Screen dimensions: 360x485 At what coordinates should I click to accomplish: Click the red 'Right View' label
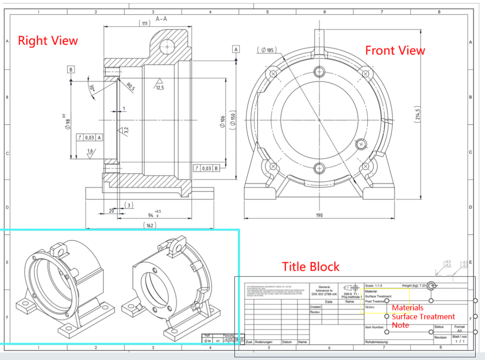click(x=48, y=40)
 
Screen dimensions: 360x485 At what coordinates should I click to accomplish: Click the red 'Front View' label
click(x=395, y=50)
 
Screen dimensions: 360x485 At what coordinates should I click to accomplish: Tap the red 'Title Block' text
click(x=311, y=267)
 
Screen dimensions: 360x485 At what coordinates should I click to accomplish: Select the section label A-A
click(x=162, y=19)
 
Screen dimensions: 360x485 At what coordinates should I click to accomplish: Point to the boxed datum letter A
click(x=236, y=49)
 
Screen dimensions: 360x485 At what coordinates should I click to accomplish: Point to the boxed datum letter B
click(x=71, y=69)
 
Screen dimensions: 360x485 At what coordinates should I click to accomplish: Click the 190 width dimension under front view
click(x=318, y=215)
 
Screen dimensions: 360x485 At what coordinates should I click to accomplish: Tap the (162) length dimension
click(x=150, y=225)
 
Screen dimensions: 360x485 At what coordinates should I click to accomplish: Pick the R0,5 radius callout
click(x=131, y=86)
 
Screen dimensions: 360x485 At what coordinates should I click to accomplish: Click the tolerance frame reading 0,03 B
click(x=207, y=168)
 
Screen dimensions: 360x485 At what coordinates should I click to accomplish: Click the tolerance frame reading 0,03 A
click(x=90, y=138)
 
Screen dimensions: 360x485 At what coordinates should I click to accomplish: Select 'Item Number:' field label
click(x=375, y=327)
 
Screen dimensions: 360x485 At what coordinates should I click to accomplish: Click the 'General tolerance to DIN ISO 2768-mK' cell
click(x=324, y=290)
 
